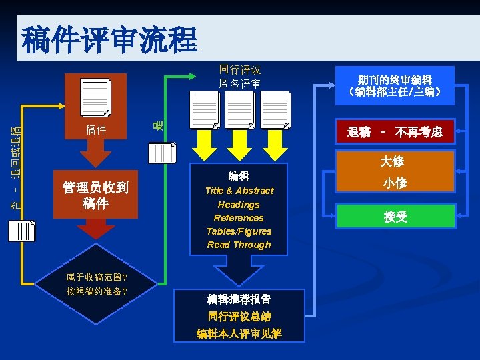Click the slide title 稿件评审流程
(x=109, y=41)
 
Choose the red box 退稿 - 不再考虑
(x=395, y=133)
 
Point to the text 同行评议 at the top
(x=239, y=69)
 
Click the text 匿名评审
(x=239, y=83)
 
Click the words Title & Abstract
(x=239, y=191)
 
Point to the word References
(x=239, y=218)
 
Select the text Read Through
(x=239, y=245)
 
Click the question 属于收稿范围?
(x=97, y=277)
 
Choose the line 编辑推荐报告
(x=239, y=299)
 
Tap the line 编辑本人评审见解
(x=239, y=333)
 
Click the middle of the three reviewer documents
(x=239, y=109)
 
